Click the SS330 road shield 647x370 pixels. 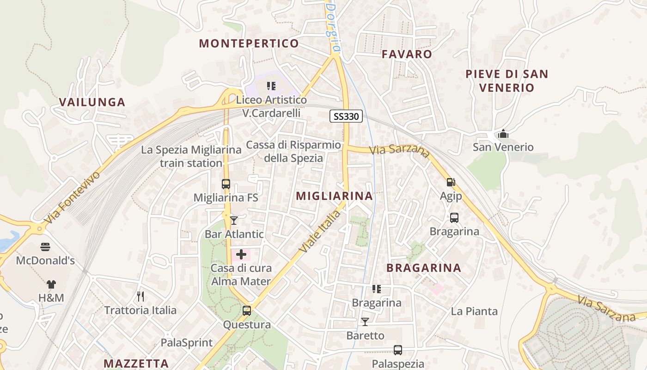coord(346,116)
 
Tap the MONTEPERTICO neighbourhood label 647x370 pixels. coord(249,43)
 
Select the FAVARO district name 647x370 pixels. coord(407,54)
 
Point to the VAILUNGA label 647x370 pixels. coord(92,102)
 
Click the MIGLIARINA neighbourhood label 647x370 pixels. coord(334,196)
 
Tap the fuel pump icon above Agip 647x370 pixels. coord(451,182)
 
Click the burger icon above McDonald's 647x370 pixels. coord(45,247)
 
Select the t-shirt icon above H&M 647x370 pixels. coord(51,284)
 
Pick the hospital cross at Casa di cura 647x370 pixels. coord(241,254)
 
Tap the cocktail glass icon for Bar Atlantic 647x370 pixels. coord(234,220)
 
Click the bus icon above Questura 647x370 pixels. coord(247,310)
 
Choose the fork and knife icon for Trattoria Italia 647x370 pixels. coord(140,296)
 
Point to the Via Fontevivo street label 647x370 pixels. coord(73,198)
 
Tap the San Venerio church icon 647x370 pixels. coord(503,134)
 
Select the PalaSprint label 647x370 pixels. coord(187,343)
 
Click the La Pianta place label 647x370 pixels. coord(474,311)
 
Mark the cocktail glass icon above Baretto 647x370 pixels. coord(365,321)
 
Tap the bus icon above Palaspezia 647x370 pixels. coord(398,350)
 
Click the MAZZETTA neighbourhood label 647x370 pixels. coord(136,363)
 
